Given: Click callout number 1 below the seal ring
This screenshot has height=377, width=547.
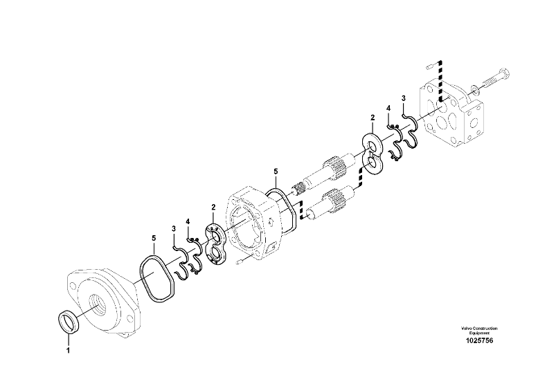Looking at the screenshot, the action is point(68,350).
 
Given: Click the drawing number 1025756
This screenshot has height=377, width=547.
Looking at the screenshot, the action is point(479,341).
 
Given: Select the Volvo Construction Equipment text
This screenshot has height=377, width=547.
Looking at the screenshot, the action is point(479,331).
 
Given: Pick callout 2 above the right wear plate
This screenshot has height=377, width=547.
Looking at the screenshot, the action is point(373,118).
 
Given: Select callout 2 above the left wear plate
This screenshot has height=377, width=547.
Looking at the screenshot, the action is point(213,207).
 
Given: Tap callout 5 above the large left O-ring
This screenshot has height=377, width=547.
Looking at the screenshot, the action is point(154,238).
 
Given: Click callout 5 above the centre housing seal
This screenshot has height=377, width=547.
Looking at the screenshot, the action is point(276,171).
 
